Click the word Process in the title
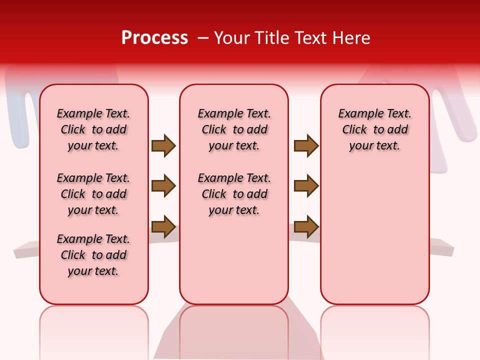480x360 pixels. point(154,38)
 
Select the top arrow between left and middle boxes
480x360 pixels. point(163,145)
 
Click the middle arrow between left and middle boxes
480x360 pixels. point(163,186)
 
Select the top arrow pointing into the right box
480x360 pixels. point(306,145)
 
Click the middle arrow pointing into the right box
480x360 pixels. point(306,186)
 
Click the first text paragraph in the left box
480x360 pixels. point(93,129)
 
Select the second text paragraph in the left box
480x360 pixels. point(93,194)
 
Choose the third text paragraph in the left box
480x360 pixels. point(93,255)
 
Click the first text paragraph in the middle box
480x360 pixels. point(234,129)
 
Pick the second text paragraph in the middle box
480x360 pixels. point(234,194)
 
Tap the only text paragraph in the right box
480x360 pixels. point(374,129)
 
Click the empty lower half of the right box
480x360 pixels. point(374,240)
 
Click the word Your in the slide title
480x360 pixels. point(232,38)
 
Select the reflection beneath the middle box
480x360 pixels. point(234,330)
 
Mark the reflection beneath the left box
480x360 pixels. point(93,330)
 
